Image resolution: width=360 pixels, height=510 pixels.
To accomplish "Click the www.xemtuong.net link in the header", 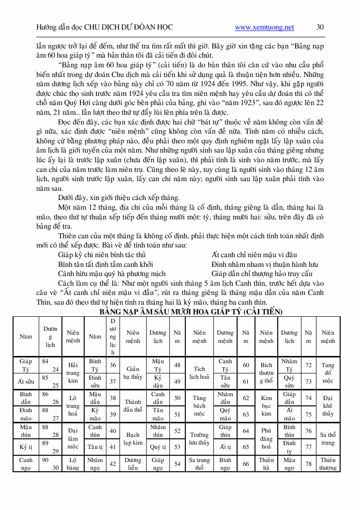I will (x=264, y=28).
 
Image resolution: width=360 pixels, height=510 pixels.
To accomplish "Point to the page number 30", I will (x=320, y=28).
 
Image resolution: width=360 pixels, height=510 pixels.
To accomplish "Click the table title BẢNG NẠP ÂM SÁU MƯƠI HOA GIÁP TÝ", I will (x=191, y=311).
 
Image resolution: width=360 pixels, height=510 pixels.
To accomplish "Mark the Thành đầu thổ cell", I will (x=133, y=405).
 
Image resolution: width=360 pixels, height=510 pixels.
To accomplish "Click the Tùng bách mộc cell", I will (x=199, y=405).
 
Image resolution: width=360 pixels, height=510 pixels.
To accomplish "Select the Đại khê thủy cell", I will (x=328, y=405).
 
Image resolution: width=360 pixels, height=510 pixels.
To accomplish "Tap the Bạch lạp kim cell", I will (x=133, y=438).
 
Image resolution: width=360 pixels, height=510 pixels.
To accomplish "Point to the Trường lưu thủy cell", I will (x=199, y=438).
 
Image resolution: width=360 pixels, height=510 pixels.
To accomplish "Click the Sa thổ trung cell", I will (x=328, y=438).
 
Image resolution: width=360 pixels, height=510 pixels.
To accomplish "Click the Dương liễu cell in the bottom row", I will (x=133, y=464).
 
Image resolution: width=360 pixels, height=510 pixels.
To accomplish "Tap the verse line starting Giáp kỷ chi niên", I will (x=102, y=255).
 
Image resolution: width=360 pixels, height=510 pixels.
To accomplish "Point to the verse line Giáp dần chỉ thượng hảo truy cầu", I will (x=262, y=274).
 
